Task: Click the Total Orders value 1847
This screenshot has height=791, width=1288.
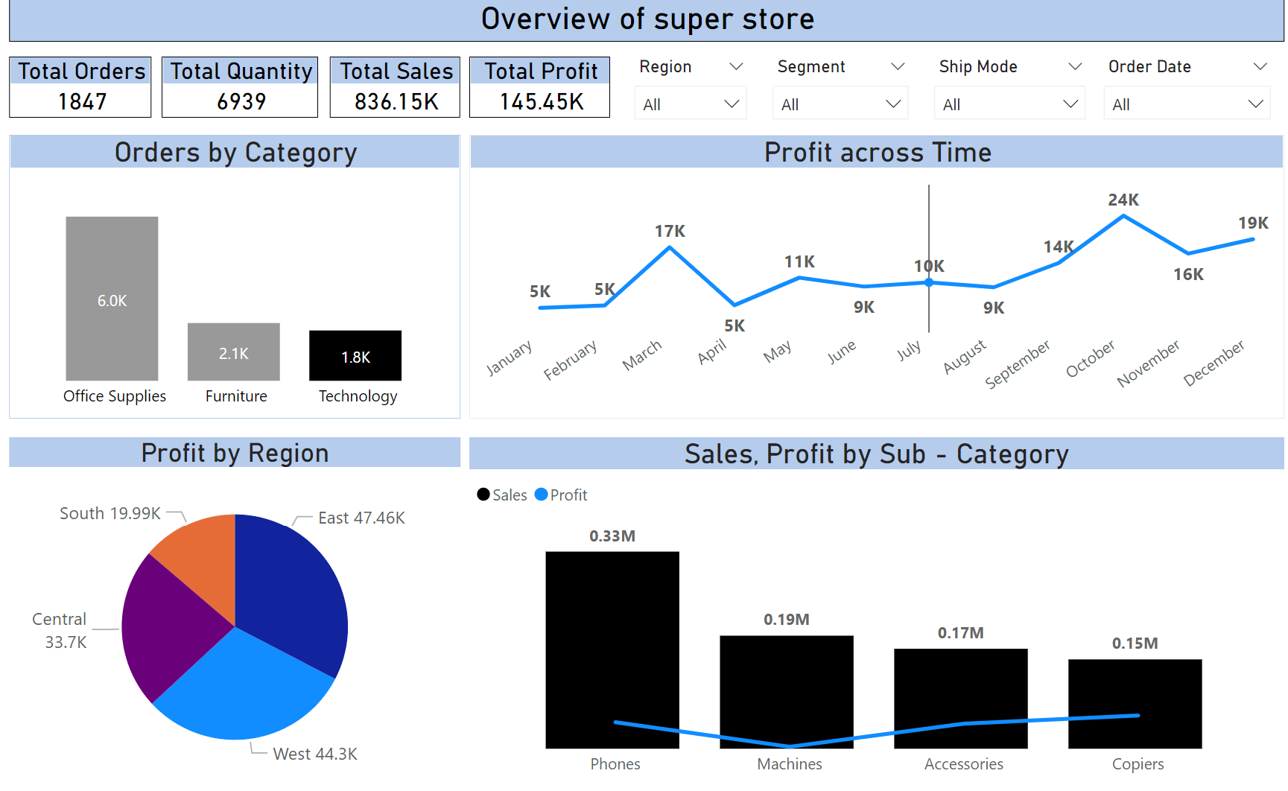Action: pyautogui.click(x=82, y=101)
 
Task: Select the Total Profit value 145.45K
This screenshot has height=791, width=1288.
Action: pyautogui.click(x=542, y=101)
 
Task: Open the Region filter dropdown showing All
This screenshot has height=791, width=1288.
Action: pyautogui.click(x=691, y=104)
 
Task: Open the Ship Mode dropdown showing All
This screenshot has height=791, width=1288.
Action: pyautogui.click(x=1009, y=104)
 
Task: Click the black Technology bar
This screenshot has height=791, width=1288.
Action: pyautogui.click(x=355, y=355)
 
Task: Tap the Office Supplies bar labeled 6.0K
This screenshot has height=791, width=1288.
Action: pyautogui.click(x=112, y=299)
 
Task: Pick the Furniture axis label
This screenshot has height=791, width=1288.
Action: pyautogui.click(x=236, y=396)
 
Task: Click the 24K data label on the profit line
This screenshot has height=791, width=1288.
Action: pyautogui.click(x=1123, y=200)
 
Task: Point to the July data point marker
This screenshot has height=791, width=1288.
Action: pyautogui.click(x=929, y=283)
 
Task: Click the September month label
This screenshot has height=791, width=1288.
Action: pyautogui.click(x=1018, y=363)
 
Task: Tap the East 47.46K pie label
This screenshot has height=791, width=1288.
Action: pyautogui.click(x=361, y=518)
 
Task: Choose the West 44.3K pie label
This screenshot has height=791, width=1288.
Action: pyautogui.click(x=315, y=754)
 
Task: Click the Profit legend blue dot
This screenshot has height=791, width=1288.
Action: pyautogui.click(x=542, y=495)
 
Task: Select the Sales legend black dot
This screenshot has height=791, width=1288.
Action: pyautogui.click(x=483, y=495)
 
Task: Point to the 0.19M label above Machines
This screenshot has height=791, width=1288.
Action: pyautogui.click(x=786, y=619)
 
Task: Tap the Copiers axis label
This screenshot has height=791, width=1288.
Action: pyautogui.click(x=1138, y=763)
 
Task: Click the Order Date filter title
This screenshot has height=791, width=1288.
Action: pyautogui.click(x=1149, y=66)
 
